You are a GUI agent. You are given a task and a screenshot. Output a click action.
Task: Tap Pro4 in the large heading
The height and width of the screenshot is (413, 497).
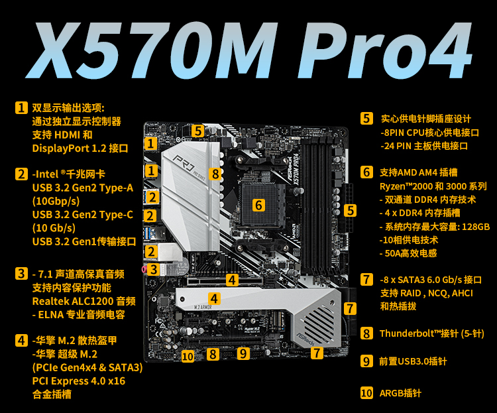[x=384, y=50]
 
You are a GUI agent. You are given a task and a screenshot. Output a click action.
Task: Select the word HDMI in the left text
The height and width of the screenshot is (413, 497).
[x=67, y=135]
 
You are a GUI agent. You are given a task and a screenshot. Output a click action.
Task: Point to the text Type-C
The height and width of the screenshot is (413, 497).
[x=116, y=215]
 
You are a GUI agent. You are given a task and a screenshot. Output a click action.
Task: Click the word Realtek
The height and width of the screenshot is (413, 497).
[x=50, y=301]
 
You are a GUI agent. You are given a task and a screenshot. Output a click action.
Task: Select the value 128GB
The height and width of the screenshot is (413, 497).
[x=476, y=227]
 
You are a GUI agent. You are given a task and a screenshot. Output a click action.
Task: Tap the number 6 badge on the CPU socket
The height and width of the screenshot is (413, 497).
[x=258, y=206]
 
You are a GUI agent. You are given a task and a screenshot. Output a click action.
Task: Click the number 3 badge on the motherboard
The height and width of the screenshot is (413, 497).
[x=154, y=270]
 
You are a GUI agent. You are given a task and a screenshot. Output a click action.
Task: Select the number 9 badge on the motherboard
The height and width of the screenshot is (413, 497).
[x=243, y=353]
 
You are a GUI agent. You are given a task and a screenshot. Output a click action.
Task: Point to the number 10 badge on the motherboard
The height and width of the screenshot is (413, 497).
[x=188, y=357]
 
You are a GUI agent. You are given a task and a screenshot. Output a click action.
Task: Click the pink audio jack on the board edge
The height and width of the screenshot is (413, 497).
[x=144, y=269]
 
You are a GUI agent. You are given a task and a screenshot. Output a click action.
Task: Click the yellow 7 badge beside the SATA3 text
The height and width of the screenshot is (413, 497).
[x=366, y=280]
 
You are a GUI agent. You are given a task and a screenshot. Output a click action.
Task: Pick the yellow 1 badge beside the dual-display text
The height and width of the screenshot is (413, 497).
[x=21, y=107]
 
